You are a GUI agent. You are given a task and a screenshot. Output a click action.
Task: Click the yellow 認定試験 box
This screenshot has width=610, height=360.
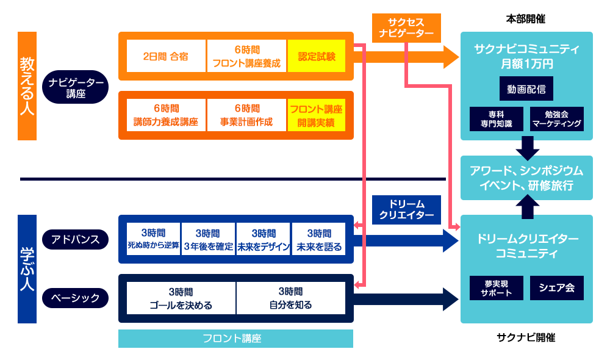point(317,56)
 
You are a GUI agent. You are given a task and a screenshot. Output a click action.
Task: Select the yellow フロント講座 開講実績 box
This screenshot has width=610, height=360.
point(317,115)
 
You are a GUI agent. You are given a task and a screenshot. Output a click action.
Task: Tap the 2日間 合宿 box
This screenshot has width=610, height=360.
point(166,56)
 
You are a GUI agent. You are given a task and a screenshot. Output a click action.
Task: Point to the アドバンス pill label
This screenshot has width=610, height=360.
point(76,239)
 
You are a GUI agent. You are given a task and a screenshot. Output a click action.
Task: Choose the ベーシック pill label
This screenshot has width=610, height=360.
point(76,298)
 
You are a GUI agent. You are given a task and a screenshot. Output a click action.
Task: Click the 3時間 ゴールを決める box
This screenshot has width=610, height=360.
point(181,298)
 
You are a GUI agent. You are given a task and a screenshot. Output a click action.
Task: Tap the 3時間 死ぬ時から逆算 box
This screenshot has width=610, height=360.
point(153,239)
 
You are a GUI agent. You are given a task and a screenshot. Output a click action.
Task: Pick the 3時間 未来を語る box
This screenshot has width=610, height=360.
point(319,239)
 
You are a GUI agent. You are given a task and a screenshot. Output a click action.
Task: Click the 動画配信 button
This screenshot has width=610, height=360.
point(526,89)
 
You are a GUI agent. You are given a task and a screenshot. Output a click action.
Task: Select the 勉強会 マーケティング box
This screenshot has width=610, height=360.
point(557,118)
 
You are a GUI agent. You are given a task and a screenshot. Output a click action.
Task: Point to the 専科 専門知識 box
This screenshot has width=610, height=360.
point(496,118)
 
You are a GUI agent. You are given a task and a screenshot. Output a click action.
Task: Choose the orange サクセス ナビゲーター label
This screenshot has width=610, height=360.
point(406,27)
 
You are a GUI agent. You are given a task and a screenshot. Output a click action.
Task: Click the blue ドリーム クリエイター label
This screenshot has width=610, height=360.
point(406,209)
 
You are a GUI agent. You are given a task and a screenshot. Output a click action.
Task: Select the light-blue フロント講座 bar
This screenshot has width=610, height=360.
point(235,338)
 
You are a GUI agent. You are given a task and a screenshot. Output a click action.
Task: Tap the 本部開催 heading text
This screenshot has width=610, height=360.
point(526,19)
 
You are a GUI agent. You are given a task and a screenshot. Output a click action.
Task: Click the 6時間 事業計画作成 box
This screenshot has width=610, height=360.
point(246,115)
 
